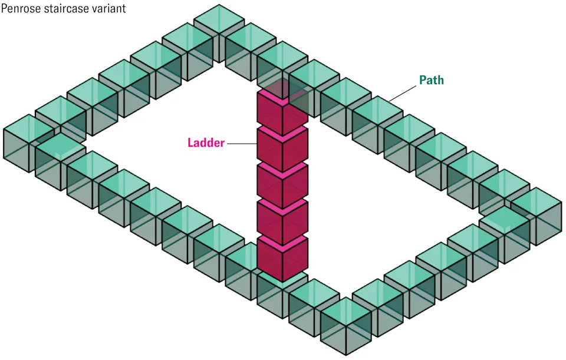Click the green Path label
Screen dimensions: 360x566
[x=431, y=80]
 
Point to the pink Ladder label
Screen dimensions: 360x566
[x=206, y=143]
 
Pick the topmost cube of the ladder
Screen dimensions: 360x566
[x=282, y=112]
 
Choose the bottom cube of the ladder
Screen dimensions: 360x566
[x=282, y=258]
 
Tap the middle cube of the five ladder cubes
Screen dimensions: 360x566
[x=282, y=185]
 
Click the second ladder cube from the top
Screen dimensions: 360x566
[x=282, y=148]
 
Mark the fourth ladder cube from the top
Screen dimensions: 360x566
[x=282, y=222]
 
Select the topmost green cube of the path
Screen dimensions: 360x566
[x=219, y=29]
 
